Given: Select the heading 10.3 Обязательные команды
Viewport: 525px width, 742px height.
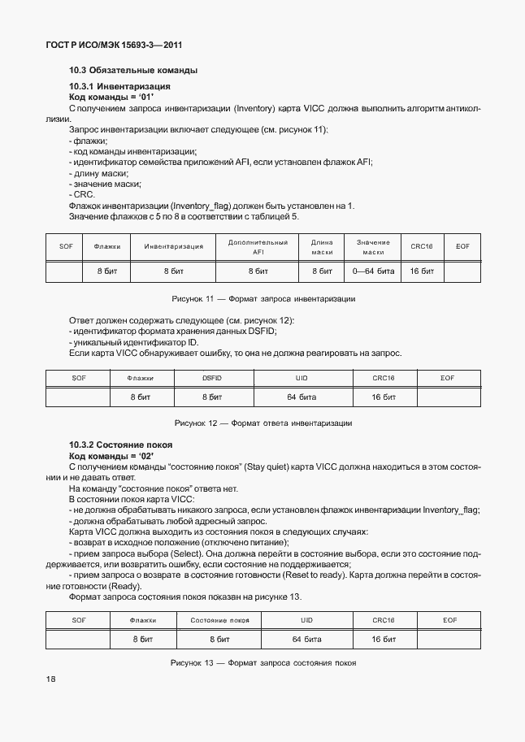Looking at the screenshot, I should coord(133,71).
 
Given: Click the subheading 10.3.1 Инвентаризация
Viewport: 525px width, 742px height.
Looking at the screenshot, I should coord(119,86).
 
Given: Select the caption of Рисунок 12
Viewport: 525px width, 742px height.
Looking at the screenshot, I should coord(262,423).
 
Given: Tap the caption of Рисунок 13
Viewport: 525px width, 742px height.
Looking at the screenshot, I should coord(262,663).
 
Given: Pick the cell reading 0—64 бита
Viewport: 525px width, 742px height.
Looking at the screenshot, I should coord(373,271).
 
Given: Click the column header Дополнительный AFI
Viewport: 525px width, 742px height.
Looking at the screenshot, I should coord(258,247).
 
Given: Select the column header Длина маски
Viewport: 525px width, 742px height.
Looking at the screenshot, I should coord(323,247).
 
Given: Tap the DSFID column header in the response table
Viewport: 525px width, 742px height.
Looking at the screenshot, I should coord(211,378).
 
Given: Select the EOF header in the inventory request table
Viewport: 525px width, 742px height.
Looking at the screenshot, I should coord(462,246).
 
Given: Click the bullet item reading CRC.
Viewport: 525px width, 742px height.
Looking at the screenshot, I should coord(82,194).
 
